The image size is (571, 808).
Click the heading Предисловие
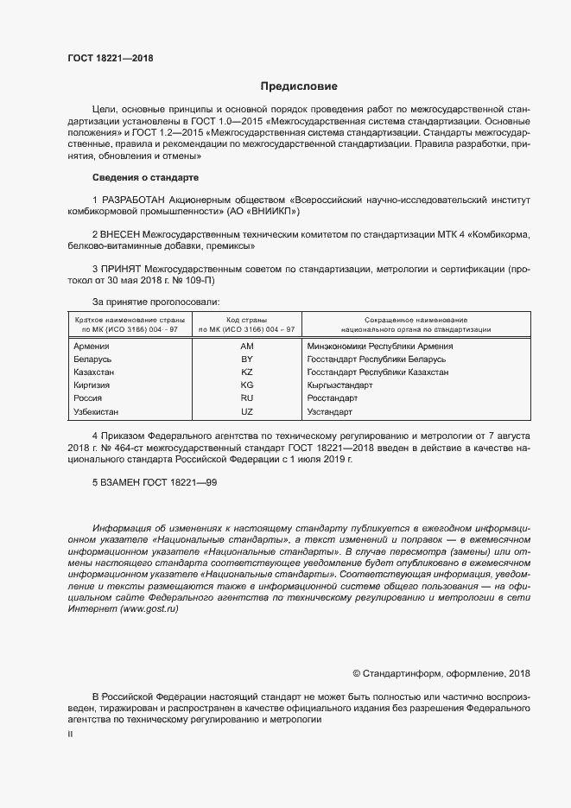299,86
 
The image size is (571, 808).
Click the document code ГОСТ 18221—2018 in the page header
110,58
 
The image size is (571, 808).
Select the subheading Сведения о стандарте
145,177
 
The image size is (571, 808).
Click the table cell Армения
92,347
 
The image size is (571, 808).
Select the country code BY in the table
246,359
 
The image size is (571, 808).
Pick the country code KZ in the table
246,372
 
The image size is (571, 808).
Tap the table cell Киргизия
93,385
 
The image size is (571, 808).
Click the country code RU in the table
246,398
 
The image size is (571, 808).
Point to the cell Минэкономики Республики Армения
379,347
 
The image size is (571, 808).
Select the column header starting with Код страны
246,324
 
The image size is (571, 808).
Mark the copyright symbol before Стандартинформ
357,674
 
